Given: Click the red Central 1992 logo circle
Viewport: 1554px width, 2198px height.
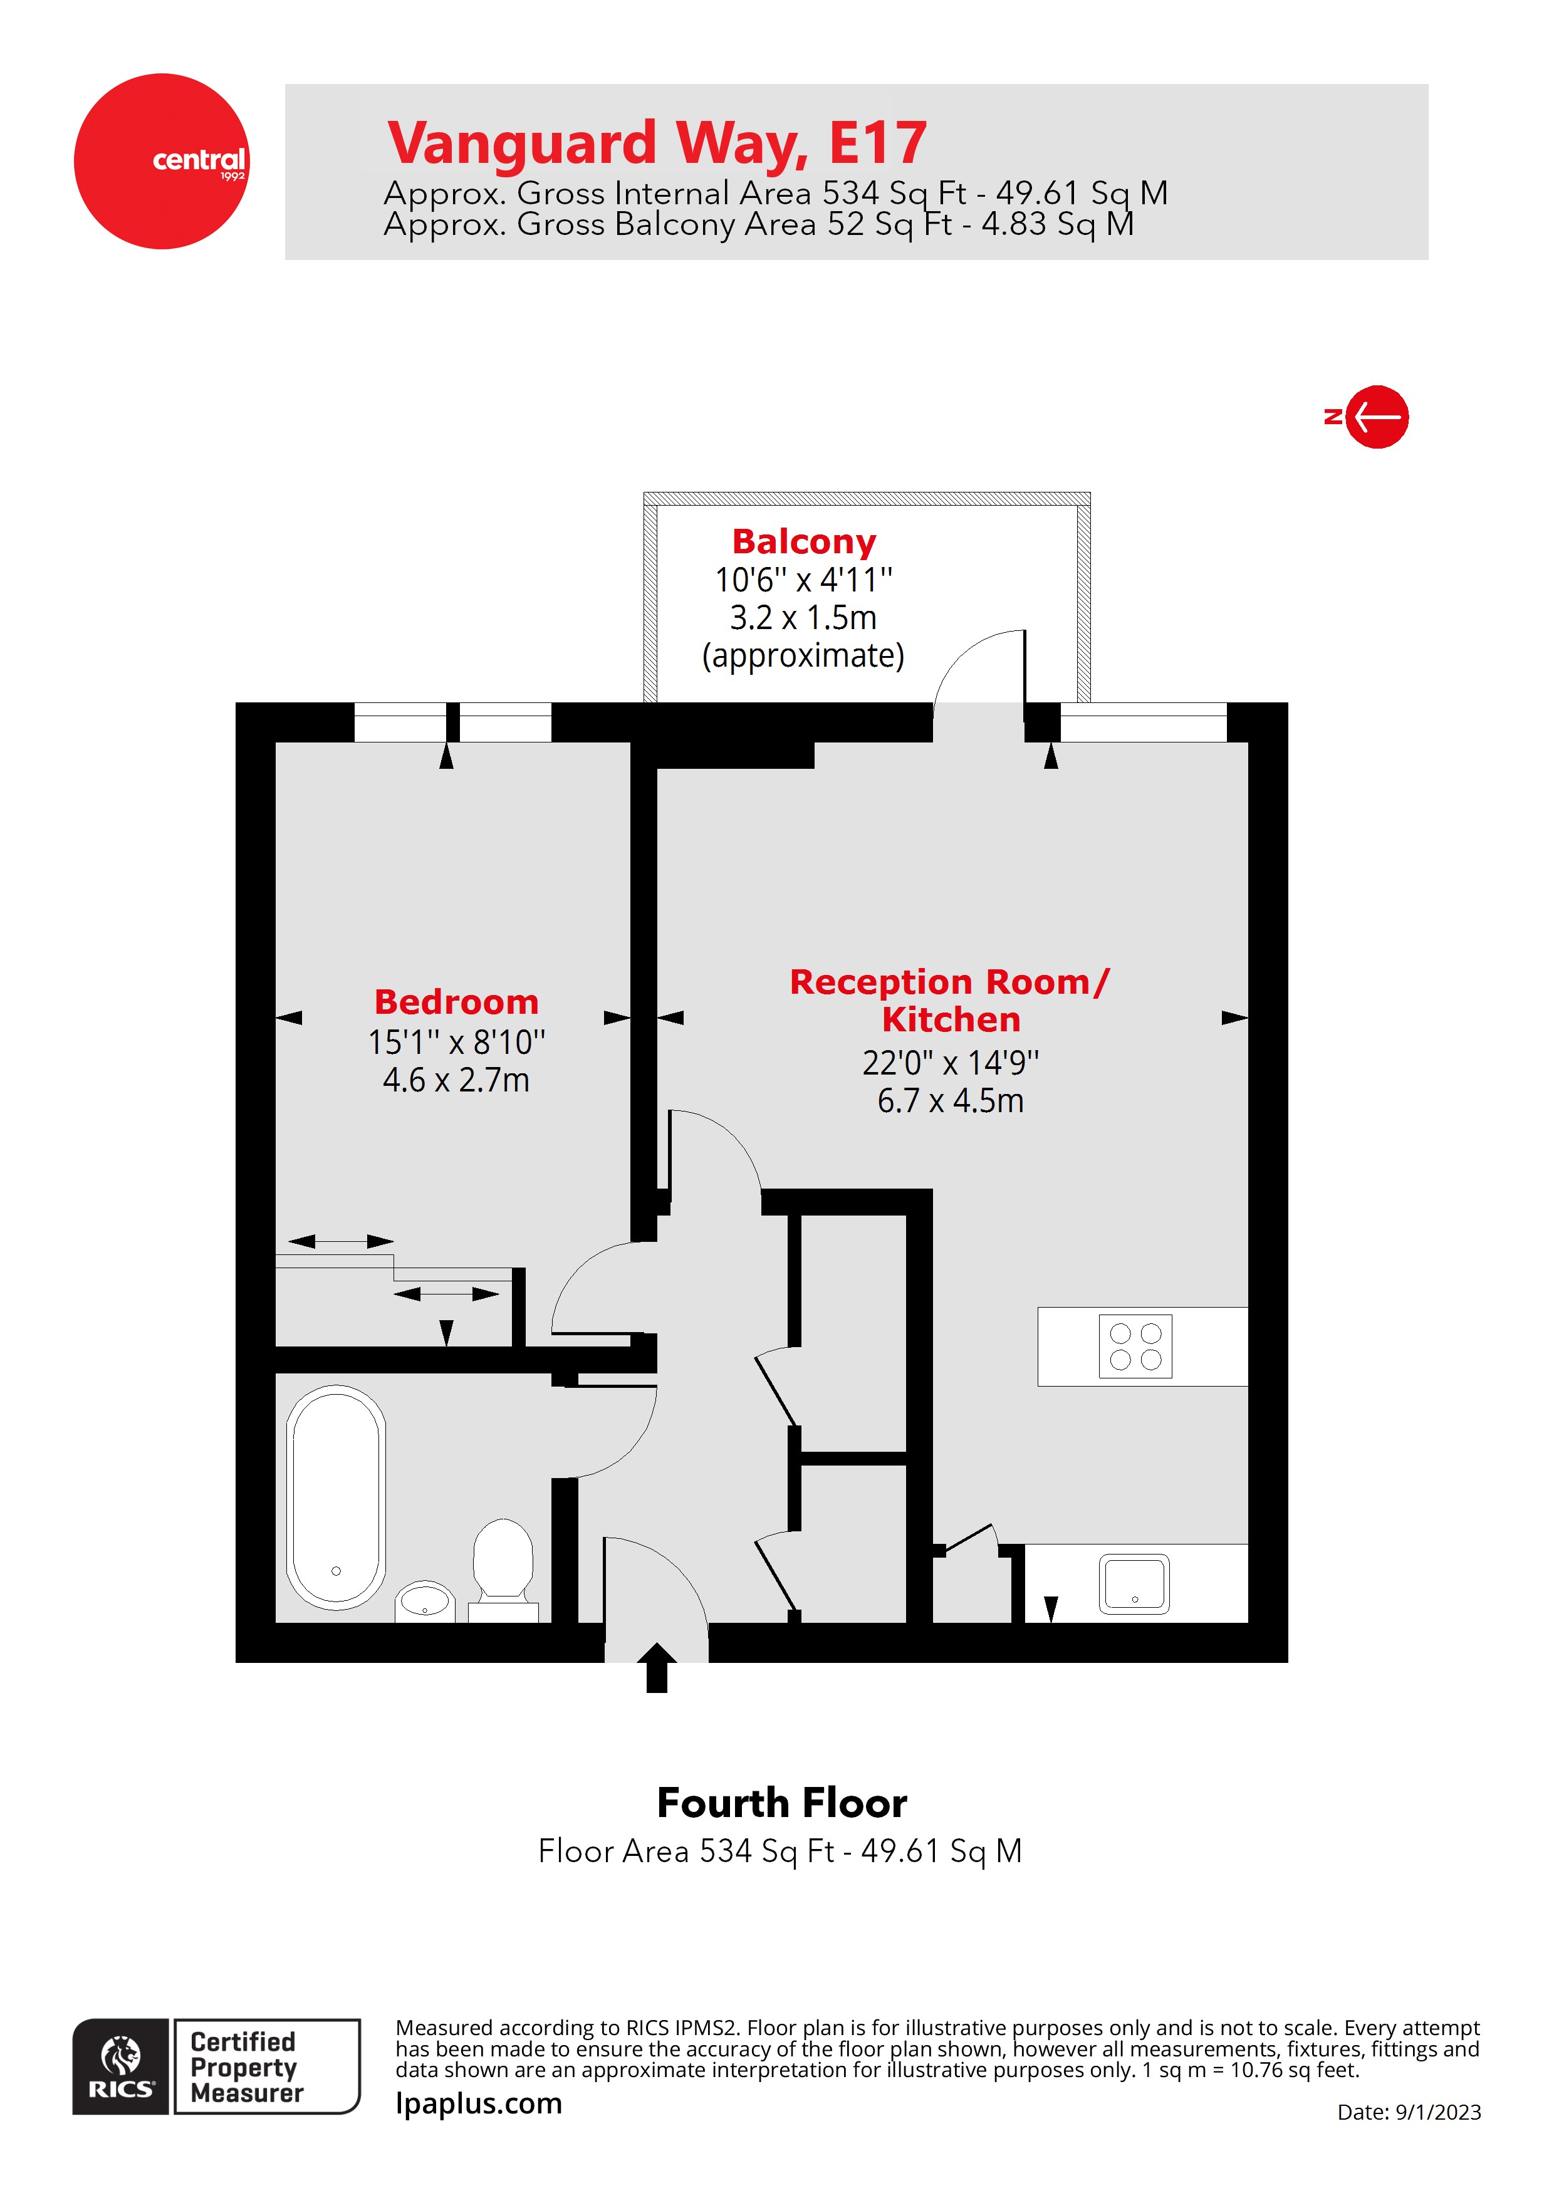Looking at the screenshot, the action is coord(162,162).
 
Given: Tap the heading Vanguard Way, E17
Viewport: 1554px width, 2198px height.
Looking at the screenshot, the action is coord(657,143).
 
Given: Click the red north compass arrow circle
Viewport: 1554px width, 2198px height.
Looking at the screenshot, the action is coord(1377,417).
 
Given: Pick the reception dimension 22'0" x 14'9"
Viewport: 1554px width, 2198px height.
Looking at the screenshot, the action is coord(951,1063).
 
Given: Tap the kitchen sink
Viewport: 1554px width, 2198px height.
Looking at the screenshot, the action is coord(1135,1585).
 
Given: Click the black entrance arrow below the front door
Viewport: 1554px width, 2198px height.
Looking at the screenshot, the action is coord(657,1668).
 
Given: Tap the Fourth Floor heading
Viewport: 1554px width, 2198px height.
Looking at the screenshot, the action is coord(782,1803).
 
